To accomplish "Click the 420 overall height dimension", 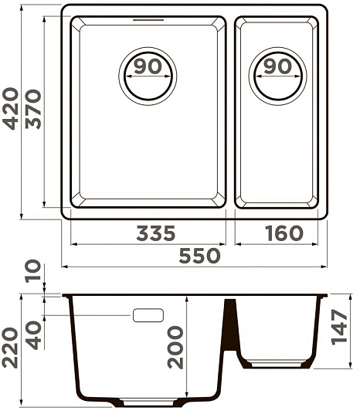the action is click(x=11, y=109).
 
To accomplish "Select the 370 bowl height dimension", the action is click(x=33, y=109).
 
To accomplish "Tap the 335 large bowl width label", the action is click(x=156, y=233).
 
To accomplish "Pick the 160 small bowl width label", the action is click(x=284, y=233).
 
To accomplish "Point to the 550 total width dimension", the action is click(x=199, y=256).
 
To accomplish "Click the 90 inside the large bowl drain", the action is click(x=148, y=66).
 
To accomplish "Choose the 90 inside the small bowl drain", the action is click(x=277, y=66).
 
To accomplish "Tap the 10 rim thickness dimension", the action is click(x=33, y=271).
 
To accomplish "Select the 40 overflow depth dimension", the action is click(x=33, y=335).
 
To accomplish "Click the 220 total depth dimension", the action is click(x=11, y=348).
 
